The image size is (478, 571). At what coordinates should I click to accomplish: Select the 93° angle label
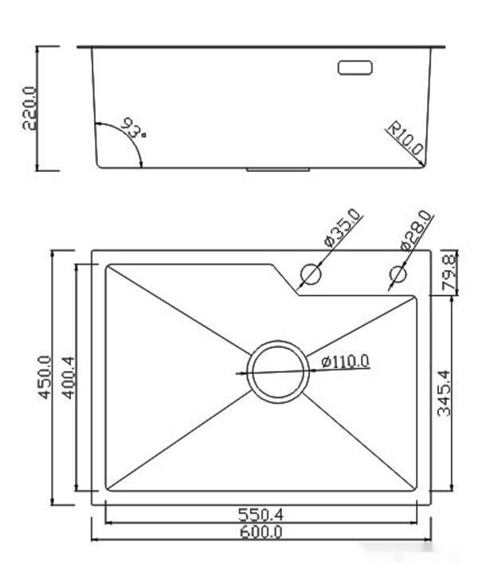point(134,127)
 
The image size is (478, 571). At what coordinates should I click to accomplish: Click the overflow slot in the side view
point(355,67)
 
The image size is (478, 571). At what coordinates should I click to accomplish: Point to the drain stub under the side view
point(278,170)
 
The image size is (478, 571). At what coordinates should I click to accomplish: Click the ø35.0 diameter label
point(343,229)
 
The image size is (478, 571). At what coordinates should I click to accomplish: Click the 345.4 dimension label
point(444,391)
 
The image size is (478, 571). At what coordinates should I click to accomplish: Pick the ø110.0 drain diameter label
point(346,362)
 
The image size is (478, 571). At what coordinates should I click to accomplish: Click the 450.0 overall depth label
point(43,378)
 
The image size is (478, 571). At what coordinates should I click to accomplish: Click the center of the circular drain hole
point(277,371)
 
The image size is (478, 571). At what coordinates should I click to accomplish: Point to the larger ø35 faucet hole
point(310,275)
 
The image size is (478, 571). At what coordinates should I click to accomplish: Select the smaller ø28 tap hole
point(397,275)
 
